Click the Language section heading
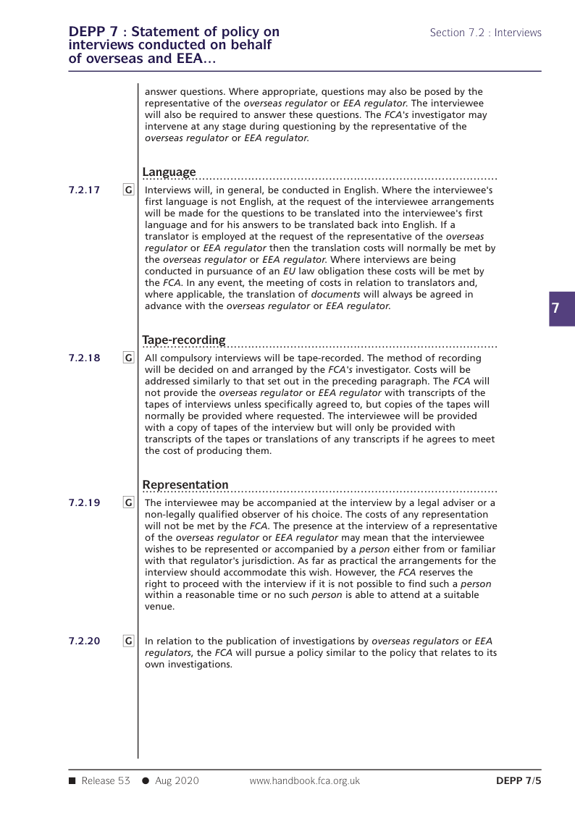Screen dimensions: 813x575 coord(169,172)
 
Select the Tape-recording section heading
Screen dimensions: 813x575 coord(184,340)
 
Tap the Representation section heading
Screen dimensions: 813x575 coord(185,484)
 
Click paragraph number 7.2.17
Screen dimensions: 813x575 coord(84,190)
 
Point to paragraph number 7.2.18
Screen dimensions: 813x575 coord(84,358)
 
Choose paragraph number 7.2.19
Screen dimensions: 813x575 coord(84,502)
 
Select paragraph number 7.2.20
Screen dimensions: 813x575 coord(84,641)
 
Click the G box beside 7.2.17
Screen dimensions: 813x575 coord(128,190)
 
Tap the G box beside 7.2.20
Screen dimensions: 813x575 coord(128,641)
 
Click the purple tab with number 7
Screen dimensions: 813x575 coord(555,308)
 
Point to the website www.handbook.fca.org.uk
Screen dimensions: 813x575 coord(304,780)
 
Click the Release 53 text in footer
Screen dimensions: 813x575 coord(105,780)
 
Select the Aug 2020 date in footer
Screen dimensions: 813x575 coord(177,780)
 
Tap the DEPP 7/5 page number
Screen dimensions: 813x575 coord(519,780)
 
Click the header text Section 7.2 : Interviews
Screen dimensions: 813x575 coord(485,33)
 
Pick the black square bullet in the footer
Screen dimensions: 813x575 coord(72,780)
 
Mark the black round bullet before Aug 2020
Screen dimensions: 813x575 coord(146,780)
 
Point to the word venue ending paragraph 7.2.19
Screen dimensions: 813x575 coord(159,607)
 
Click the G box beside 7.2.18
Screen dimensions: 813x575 coord(128,358)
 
